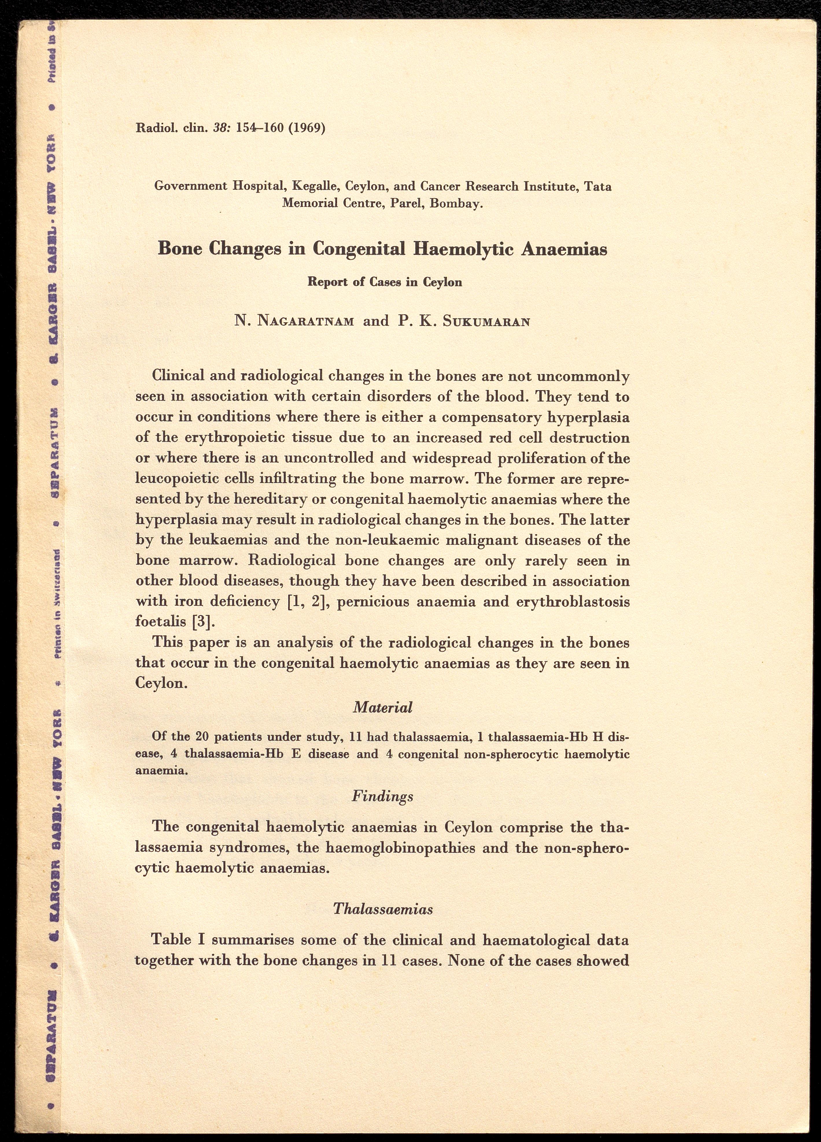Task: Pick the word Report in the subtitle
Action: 327,282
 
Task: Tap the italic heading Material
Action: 382,708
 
